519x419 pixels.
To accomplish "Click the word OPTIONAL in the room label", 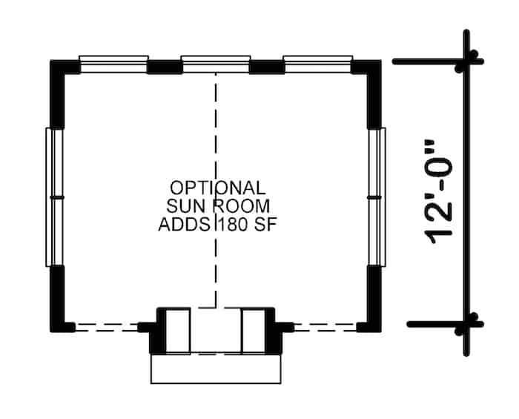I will [x=216, y=187].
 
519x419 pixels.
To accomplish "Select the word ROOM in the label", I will [x=239, y=205].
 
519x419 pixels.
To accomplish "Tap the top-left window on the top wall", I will [x=113, y=65].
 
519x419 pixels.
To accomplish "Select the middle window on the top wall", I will [x=215, y=65].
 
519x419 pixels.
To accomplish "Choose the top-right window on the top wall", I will [x=317, y=65].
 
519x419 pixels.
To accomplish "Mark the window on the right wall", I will [x=377, y=197].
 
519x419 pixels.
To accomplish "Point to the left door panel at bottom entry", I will [x=176, y=331].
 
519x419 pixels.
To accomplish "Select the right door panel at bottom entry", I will [x=254, y=331].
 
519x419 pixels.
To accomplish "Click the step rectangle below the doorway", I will [x=215, y=369].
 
